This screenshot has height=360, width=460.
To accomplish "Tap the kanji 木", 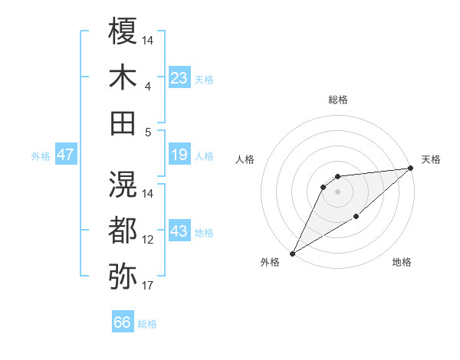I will point(123,77).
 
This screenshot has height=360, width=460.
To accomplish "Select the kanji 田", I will point(123,123).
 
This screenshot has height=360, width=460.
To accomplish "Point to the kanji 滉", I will point(123,185).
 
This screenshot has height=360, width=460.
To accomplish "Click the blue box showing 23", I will point(179,78).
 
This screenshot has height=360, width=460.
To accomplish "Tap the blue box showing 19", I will point(179,155).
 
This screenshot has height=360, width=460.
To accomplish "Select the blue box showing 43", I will point(179,231).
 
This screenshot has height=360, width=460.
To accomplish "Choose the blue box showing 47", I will point(66,155).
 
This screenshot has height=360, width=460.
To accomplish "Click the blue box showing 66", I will point(123,322).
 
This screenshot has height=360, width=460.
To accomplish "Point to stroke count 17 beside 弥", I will point(148,286).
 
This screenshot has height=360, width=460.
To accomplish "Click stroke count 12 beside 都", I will point(148,240).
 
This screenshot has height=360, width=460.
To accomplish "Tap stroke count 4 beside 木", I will point(147,87).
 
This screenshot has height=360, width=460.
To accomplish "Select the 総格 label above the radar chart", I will point(337,100).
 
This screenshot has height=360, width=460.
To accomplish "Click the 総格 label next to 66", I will point(147,324).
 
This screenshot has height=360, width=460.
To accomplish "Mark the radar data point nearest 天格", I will point(411,169).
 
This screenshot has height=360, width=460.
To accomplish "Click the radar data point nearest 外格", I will point(292,253).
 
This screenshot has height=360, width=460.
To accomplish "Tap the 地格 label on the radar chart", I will point(402,263).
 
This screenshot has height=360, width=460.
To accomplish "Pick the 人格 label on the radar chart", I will point(245,159).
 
